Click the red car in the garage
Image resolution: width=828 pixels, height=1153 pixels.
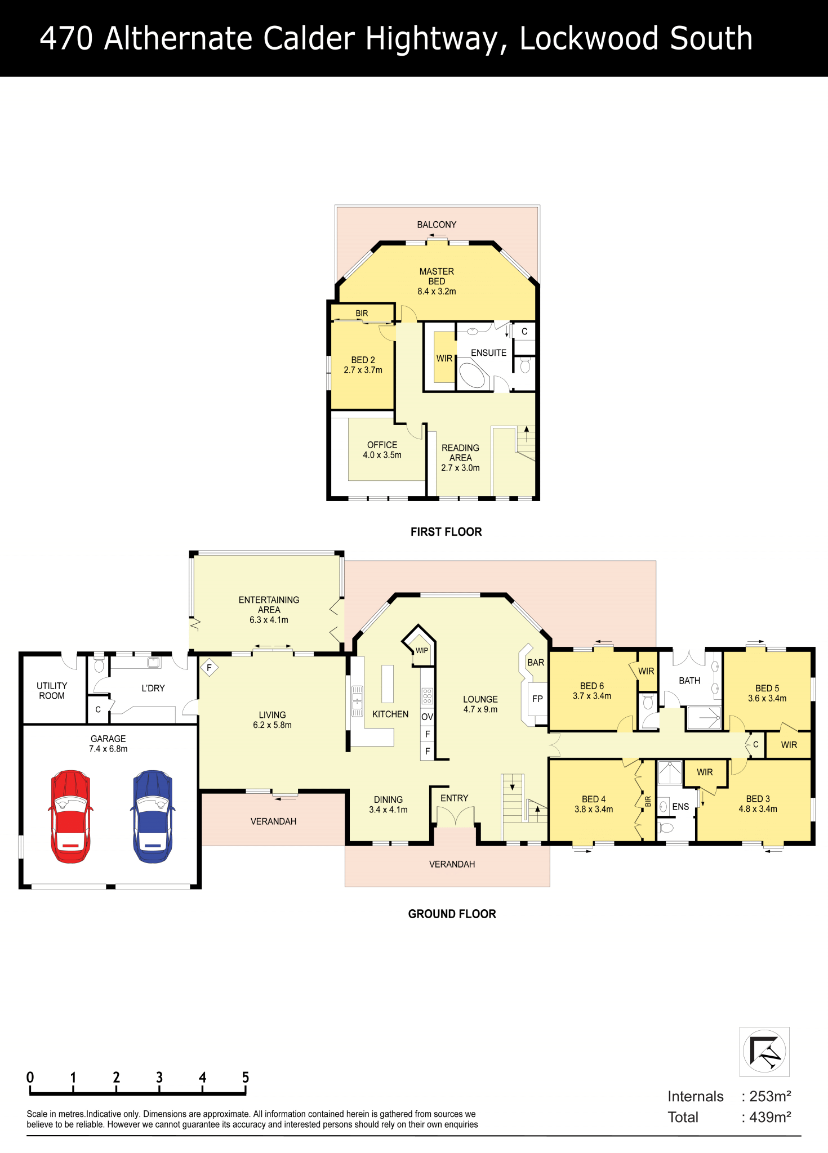point(70,816)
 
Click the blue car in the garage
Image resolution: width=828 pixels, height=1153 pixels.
point(153,816)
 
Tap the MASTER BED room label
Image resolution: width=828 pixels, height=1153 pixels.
point(437,276)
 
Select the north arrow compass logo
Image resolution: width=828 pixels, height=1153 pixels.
point(764,1051)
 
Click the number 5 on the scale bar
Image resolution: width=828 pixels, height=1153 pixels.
point(246,1077)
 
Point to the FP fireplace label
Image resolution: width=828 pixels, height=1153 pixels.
point(537,699)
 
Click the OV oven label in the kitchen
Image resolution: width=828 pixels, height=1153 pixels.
point(427,717)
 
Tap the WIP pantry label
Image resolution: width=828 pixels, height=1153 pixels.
point(422,650)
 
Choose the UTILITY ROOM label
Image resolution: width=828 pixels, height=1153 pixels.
point(52,691)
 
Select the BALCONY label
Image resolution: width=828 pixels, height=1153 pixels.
point(437,225)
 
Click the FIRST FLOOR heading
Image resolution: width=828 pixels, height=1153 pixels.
point(446,532)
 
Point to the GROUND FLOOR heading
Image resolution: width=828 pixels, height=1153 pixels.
point(452,914)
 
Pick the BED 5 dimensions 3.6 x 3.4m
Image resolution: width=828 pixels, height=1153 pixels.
point(767,699)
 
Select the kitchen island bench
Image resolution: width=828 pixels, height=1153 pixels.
point(388,683)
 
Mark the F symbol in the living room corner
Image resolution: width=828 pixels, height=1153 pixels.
point(209,668)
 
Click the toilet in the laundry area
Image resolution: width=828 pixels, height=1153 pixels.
point(99,664)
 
